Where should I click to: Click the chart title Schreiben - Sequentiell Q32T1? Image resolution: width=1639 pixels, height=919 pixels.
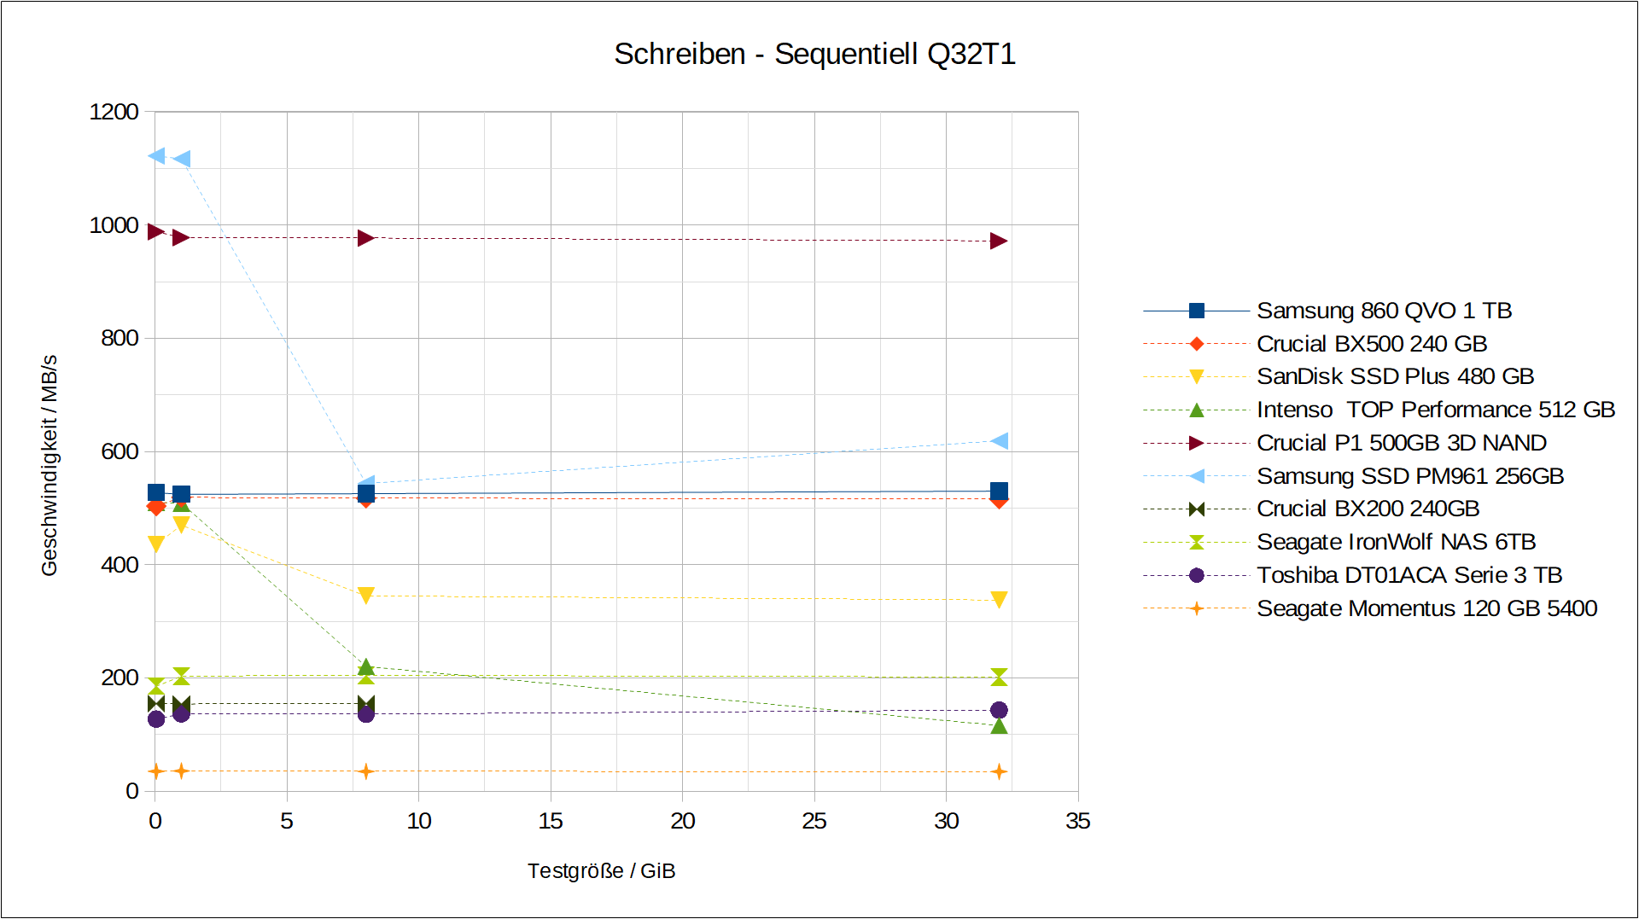[x=814, y=54]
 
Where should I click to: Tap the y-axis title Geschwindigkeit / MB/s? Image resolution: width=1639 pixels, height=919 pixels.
[x=50, y=465]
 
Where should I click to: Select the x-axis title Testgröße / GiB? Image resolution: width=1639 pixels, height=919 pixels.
[x=601, y=871]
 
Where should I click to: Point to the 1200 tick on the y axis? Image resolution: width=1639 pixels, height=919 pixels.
[x=114, y=112]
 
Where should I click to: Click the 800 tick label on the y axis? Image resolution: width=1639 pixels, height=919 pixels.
[x=120, y=338]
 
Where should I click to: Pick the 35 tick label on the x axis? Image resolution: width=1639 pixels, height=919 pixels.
[x=1077, y=821]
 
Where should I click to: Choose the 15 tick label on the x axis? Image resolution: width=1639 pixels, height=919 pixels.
[x=551, y=821]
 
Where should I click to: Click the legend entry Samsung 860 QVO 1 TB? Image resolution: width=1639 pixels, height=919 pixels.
[x=1383, y=311]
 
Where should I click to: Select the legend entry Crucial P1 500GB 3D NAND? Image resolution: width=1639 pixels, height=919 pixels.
[x=1401, y=443]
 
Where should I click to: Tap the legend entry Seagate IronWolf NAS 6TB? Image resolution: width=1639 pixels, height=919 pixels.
[x=1396, y=542]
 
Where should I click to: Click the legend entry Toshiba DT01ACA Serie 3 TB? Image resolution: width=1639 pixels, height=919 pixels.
[x=1409, y=575]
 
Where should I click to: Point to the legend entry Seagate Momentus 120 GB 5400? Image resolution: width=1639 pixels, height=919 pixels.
[x=1426, y=608]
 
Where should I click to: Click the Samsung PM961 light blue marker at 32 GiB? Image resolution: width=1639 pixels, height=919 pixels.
[x=1000, y=440]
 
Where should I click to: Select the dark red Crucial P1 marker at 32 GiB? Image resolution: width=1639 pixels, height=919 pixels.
[x=999, y=241]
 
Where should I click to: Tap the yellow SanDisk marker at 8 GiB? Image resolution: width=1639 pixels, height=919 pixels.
[x=365, y=595]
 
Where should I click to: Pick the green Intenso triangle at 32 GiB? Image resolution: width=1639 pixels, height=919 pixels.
[x=999, y=726]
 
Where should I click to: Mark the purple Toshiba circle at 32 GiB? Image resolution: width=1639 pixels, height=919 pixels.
[x=999, y=710]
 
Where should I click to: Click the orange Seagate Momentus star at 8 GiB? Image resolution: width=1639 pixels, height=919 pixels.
[x=365, y=771]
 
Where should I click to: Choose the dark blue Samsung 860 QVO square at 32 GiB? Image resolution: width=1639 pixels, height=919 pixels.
[x=999, y=491]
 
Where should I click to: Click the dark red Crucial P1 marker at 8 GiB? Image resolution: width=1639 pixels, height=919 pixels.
[x=365, y=238]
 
